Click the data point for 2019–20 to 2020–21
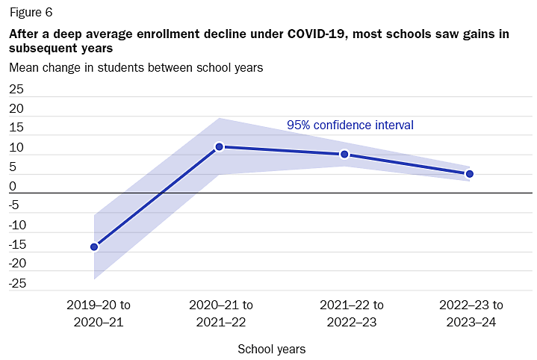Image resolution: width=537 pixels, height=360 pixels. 95,246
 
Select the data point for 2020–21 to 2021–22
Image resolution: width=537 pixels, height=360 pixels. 220,147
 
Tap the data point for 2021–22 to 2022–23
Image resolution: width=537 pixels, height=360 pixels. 344,155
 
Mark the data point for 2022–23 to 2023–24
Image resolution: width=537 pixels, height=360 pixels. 469,174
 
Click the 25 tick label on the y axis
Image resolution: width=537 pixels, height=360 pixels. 16,89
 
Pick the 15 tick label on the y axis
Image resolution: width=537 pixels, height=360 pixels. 16,128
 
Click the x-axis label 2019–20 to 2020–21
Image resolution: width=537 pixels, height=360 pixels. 99,314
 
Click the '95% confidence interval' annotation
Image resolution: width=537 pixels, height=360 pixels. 350,125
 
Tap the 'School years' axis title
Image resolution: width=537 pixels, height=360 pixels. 271,349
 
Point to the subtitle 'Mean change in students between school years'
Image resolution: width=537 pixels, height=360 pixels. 135,67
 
